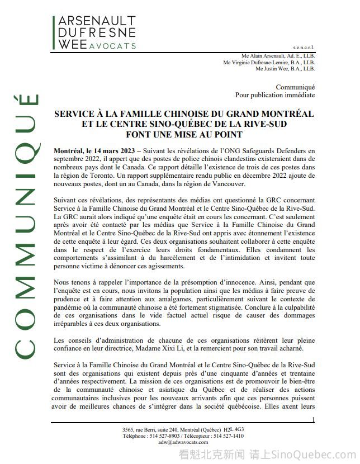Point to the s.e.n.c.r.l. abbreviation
304,49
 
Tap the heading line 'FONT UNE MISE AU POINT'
183,134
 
